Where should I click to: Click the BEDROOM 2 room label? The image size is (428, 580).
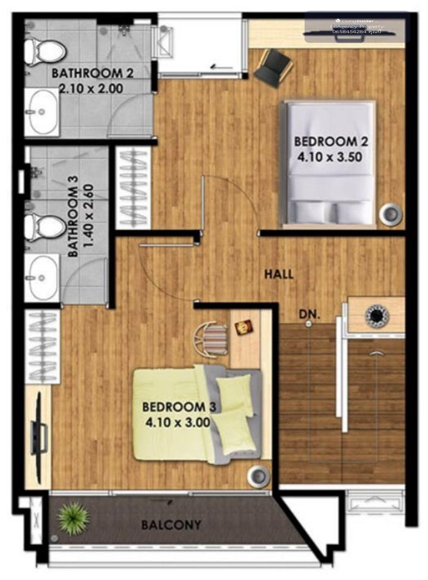[x=331, y=142]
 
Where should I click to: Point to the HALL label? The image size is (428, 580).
[x=279, y=274]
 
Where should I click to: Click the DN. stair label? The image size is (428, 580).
[x=310, y=315]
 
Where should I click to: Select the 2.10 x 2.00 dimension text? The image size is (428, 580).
[x=91, y=89]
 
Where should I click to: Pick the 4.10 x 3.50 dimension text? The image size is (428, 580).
[x=330, y=157]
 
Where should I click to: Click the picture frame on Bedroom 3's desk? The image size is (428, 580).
[x=243, y=327]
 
